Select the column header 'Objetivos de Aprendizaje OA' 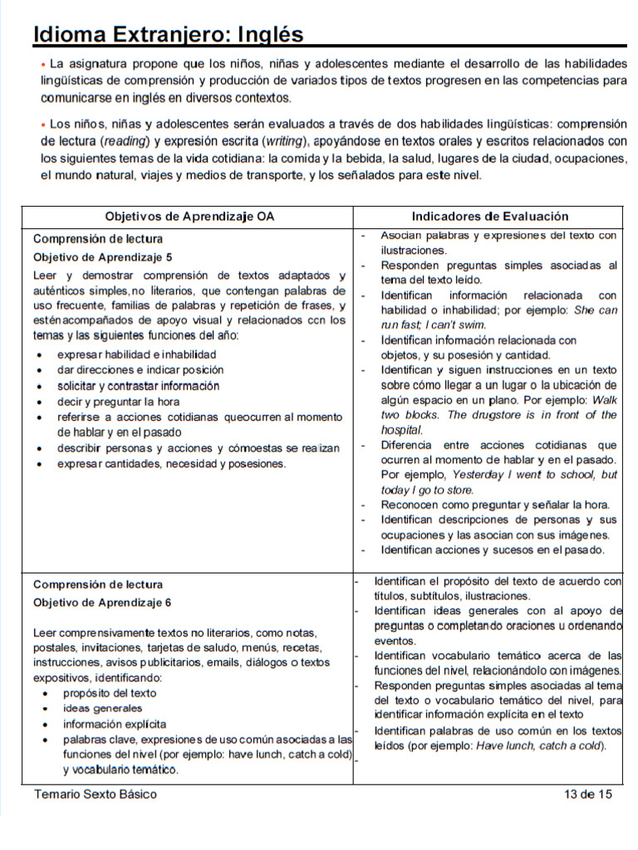point(189,217)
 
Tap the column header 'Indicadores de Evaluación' point(490,217)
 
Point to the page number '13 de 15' point(587,794)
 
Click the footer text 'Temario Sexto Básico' point(95,794)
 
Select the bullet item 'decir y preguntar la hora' point(119,401)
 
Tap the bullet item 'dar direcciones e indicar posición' point(140,370)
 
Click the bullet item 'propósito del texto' point(110,693)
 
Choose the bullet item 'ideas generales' point(103,709)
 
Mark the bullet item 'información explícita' point(115,724)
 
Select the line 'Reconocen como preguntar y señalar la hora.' point(495,505)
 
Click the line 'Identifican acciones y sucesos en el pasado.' point(493,550)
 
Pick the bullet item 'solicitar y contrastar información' point(139,386)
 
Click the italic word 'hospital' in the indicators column point(402,430)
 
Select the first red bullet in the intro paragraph point(43,64)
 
